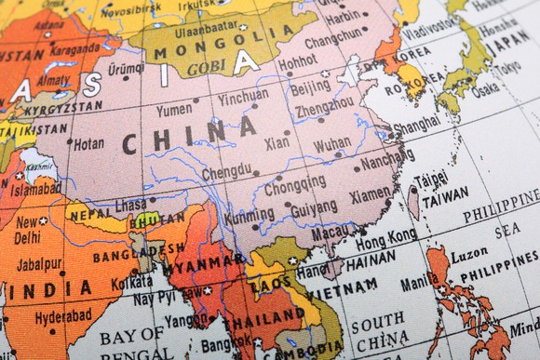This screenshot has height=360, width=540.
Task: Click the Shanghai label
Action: [x=416, y=123]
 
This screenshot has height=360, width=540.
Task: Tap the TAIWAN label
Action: [x=445, y=200]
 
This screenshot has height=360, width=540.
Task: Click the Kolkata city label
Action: [x=131, y=282]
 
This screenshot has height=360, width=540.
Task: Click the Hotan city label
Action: [x=88, y=144]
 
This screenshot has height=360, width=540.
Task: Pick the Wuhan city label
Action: [x=332, y=144]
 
